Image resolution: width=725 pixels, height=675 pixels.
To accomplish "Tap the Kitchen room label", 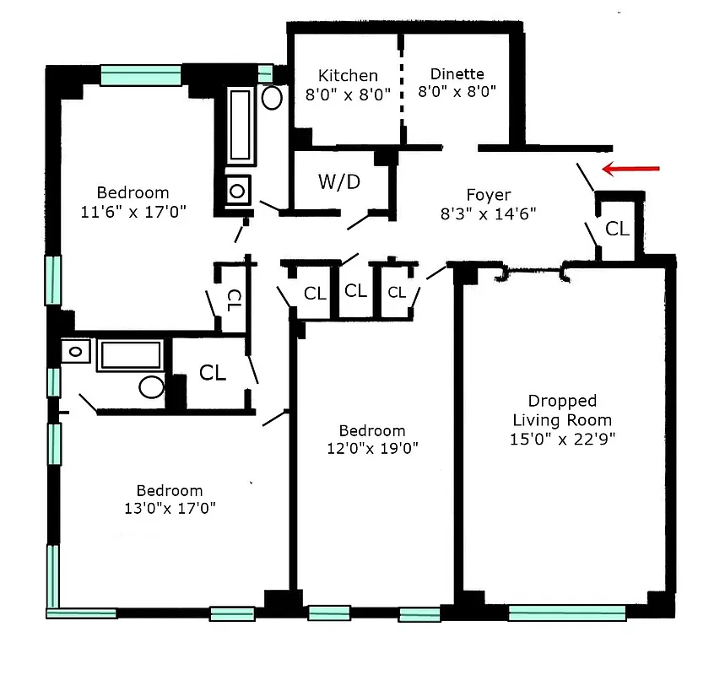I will tap(348, 76).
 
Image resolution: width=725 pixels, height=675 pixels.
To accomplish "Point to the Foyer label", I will tap(489, 195).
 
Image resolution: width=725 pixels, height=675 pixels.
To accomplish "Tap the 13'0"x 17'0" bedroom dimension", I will tap(170, 508).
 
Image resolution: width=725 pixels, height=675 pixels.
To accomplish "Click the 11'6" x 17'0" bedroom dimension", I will tap(133, 211).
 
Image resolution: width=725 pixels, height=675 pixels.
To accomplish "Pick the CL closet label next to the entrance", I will tap(618, 229).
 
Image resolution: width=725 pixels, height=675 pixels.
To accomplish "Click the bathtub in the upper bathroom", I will tap(241, 126).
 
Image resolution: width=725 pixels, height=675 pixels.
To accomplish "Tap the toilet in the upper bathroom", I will tap(272, 97).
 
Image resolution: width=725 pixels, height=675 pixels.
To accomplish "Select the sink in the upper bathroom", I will tap(235, 190).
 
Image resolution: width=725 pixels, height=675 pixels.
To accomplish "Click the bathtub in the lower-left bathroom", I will tap(131, 354).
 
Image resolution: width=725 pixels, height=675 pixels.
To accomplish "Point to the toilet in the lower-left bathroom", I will tap(152, 386).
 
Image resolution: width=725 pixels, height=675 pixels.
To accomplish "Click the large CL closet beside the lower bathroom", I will tap(212, 372).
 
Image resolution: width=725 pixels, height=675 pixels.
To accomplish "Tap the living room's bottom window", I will tap(566, 613).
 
